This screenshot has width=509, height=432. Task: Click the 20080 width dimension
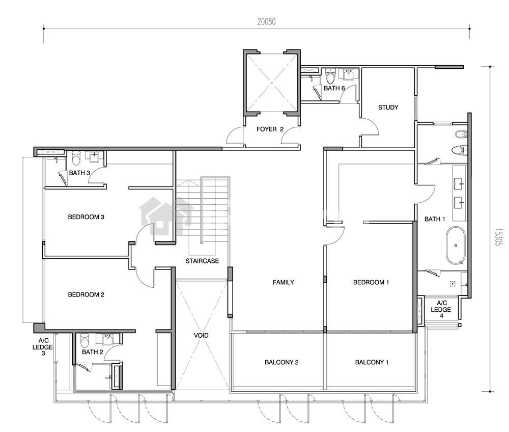point(267,22)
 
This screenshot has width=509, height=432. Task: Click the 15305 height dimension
point(498,236)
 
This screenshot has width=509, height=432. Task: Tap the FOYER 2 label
point(270,129)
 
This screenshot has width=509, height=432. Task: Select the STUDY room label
point(388,107)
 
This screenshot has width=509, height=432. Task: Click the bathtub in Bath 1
point(456,245)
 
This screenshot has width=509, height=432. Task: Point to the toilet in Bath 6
point(330,76)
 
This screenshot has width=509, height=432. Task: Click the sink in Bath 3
point(95,157)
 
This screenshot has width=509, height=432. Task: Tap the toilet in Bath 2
point(84,340)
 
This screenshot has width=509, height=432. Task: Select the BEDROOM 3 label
point(86,217)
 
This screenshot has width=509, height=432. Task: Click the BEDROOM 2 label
point(86,295)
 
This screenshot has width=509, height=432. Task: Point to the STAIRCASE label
point(202,261)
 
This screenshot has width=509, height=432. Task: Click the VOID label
point(201,336)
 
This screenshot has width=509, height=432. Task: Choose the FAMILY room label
point(284,282)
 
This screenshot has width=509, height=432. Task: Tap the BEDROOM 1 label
point(371,282)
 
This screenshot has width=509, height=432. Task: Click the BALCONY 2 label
point(281,362)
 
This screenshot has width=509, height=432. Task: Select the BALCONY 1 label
point(372,362)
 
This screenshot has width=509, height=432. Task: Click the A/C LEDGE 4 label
point(441,309)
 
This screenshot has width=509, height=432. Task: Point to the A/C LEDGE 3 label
point(43,347)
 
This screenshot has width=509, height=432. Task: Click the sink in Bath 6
point(349,74)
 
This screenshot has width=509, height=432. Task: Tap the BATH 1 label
point(435,219)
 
